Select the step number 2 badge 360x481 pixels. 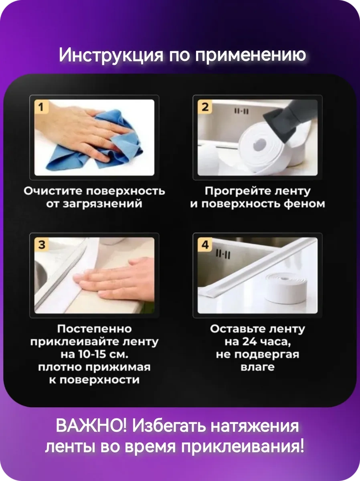coord(205,107)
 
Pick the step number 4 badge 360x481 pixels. coord(205,245)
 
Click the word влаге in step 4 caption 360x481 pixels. coord(257,367)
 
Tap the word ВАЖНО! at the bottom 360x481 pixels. coord(91,426)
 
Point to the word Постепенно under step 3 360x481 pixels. coord(94,329)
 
